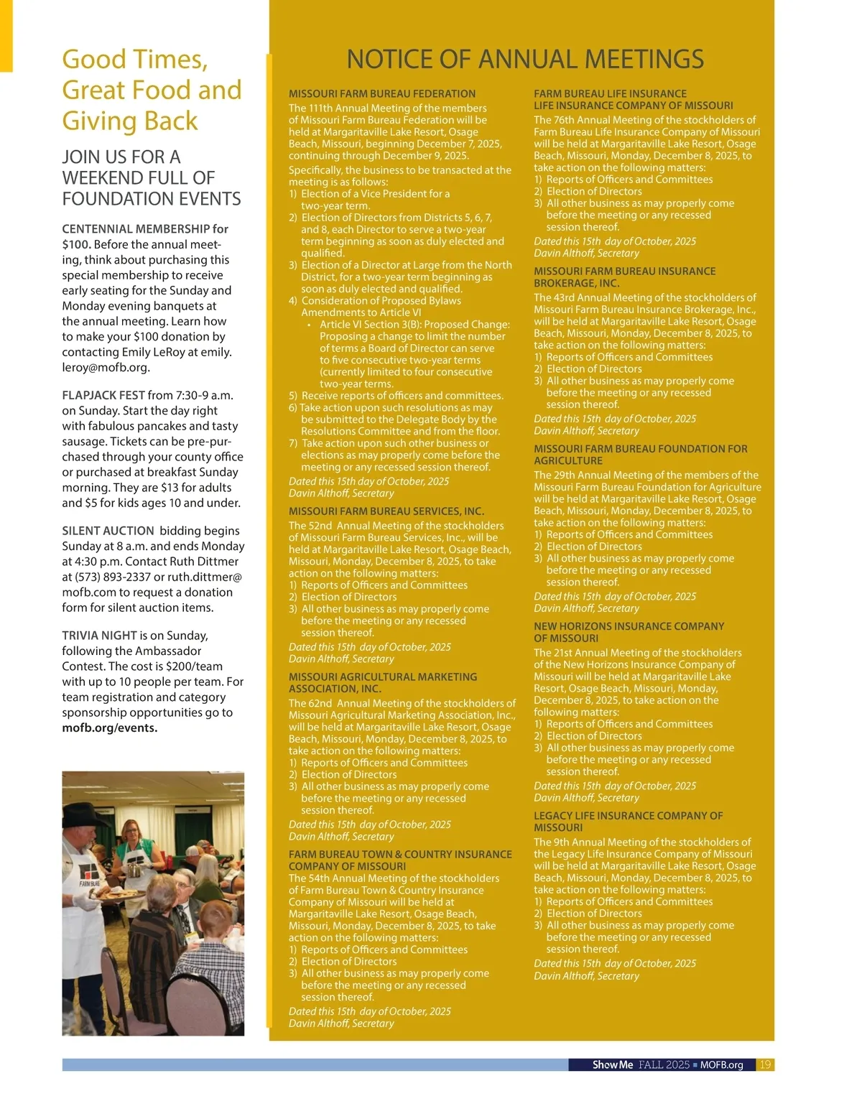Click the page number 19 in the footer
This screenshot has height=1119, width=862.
tap(765, 1064)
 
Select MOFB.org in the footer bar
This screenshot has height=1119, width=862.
tap(721, 1064)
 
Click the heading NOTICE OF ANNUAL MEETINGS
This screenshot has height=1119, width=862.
tap(525, 59)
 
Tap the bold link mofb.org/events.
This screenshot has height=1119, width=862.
tap(109, 728)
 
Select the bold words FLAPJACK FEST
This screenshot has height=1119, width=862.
tap(103, 395)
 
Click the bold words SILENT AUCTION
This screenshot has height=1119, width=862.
tap(108, 531)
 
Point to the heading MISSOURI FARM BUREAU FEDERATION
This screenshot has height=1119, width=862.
tap(381, 93)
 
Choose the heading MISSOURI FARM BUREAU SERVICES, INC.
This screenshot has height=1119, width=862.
tap(386, 511)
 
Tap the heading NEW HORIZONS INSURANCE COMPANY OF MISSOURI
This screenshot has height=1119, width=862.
tap(628, 632)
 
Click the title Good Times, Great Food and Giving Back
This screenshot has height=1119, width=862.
tap(152, 90)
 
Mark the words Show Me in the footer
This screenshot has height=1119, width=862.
tap(612, 1064)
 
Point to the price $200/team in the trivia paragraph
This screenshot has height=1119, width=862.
tap(194, 667)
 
